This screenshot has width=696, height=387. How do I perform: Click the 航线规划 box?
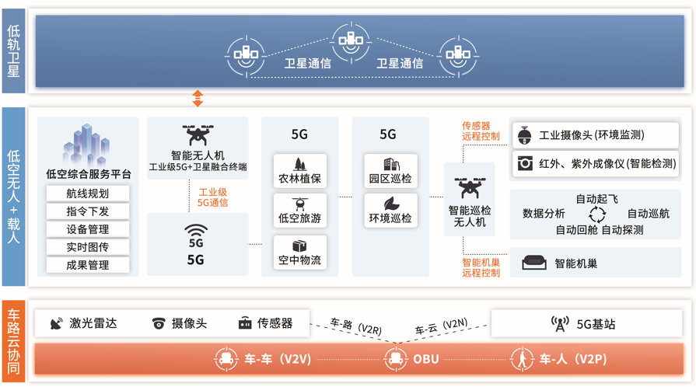[87, 193]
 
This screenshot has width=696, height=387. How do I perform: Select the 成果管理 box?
[87, 265]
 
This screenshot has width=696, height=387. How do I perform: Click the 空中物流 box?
[299, 253]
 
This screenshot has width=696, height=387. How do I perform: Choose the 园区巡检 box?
[390, 172]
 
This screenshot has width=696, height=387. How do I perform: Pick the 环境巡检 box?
[390, 211]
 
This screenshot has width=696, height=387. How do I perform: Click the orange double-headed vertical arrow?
[198, 98]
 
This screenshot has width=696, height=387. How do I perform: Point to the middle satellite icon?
[351, 39]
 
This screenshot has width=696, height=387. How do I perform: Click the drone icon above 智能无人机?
[198, 134]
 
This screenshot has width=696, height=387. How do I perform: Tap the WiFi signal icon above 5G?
[196, 230]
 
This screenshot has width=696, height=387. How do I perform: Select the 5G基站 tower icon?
[559, 323]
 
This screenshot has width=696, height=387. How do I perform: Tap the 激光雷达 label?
[93, 323]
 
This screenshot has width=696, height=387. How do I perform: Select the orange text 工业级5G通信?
[212, 197]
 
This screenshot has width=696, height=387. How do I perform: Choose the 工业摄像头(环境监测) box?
[595, 135]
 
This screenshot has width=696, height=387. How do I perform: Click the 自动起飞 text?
[596, 200]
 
